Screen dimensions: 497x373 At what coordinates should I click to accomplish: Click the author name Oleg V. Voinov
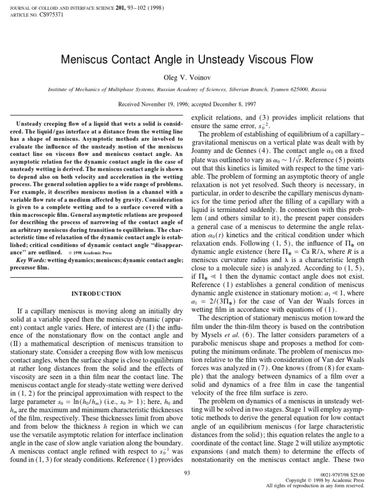186,77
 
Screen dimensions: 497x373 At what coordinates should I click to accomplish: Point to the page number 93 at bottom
187,473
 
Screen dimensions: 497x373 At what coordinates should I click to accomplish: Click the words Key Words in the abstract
31,260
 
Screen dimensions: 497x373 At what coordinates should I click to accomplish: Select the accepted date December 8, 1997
232,104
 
